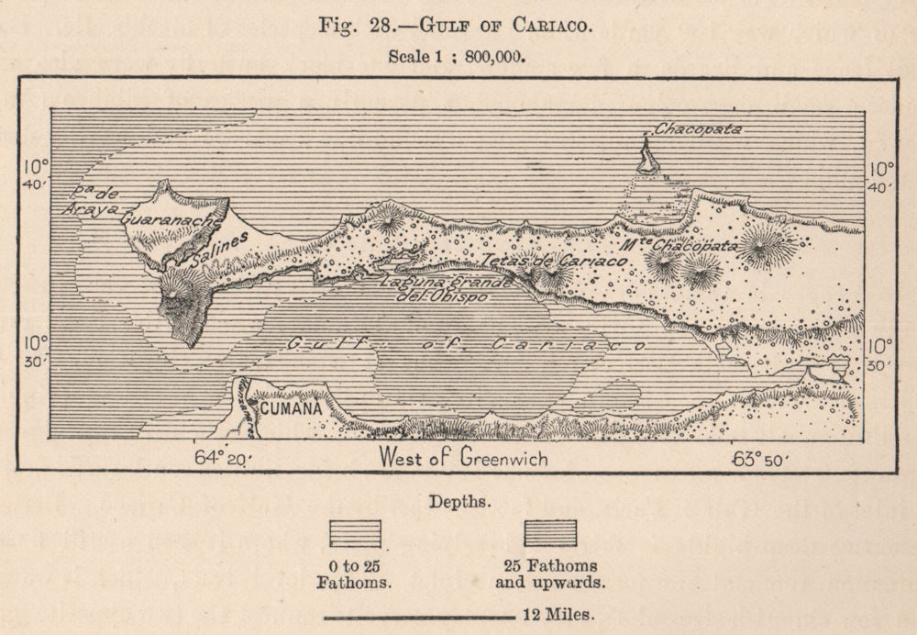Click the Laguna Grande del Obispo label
[x=447, y=288]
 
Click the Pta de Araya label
[x=91, y=201]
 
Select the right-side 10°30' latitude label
[x=880, y=355]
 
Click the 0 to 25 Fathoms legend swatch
[x=355, y=533]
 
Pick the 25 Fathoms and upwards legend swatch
[x=550, y=533]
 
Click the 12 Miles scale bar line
[x=419, y=618]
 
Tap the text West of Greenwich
[x=464, y=458]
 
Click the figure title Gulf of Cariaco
[x=456, y=25]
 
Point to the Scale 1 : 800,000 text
[x=456, y=56]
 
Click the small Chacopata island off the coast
[x=647, y=159]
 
